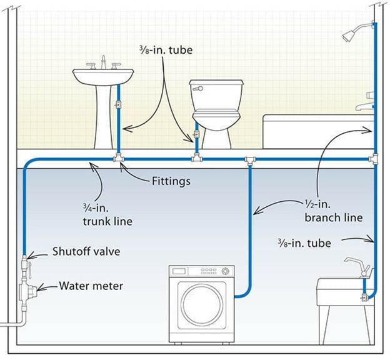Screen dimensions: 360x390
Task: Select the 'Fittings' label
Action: (171, 182)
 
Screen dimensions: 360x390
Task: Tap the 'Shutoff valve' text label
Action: (86, 252)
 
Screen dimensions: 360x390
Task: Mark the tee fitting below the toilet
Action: (197, 160)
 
